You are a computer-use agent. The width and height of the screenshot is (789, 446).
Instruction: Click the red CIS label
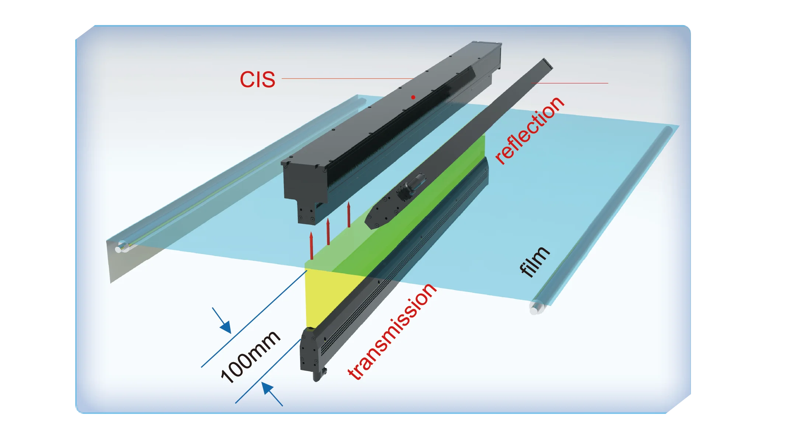257,79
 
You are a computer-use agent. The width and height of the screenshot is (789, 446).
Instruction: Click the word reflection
529,130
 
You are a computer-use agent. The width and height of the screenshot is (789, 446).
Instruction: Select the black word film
534,261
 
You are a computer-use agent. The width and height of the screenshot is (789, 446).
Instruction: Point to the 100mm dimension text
250,356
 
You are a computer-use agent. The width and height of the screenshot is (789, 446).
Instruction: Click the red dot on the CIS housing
413,97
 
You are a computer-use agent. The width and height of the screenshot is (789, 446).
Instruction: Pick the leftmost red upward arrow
312,246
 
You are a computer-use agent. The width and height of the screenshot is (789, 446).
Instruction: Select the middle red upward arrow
328,231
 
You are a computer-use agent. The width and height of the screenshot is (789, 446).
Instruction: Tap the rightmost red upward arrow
349,215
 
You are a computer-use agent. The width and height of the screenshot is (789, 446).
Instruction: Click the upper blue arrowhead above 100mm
225,327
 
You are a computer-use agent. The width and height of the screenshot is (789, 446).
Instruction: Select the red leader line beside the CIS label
347,78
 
